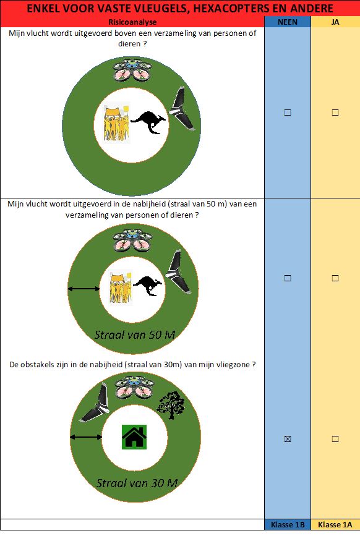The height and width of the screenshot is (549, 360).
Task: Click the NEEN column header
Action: pos(288,22)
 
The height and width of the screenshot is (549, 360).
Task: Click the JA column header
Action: pos(335,22)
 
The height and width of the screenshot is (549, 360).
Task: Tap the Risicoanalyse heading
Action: pos(132,22)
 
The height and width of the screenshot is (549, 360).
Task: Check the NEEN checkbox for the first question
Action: pos(288,113)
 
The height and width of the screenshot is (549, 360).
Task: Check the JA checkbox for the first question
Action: pos(335,113)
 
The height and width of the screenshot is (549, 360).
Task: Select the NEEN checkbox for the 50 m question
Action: pos(288,278)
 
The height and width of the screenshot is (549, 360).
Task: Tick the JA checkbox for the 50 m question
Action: pos(335,278)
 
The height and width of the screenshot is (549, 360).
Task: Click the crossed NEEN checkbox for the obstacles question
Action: pos(288,439)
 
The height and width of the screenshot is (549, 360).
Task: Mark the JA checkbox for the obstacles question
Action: pos(335,439)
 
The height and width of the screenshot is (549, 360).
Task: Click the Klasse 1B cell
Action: pos(288,524)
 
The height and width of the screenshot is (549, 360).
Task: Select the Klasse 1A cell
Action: pos(335,524)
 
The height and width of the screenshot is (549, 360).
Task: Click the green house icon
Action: pos(134,437)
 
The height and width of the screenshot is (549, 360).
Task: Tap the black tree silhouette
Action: pos(171,405)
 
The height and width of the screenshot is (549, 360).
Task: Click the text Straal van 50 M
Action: pos(135,334)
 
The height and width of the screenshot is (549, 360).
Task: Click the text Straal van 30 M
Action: pos(137,483)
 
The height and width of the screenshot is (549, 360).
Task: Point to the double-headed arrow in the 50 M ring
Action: pos(84,289)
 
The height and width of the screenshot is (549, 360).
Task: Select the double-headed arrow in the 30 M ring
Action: pos(86,436)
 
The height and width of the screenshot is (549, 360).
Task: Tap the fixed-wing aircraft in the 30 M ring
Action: pos(95,403)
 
